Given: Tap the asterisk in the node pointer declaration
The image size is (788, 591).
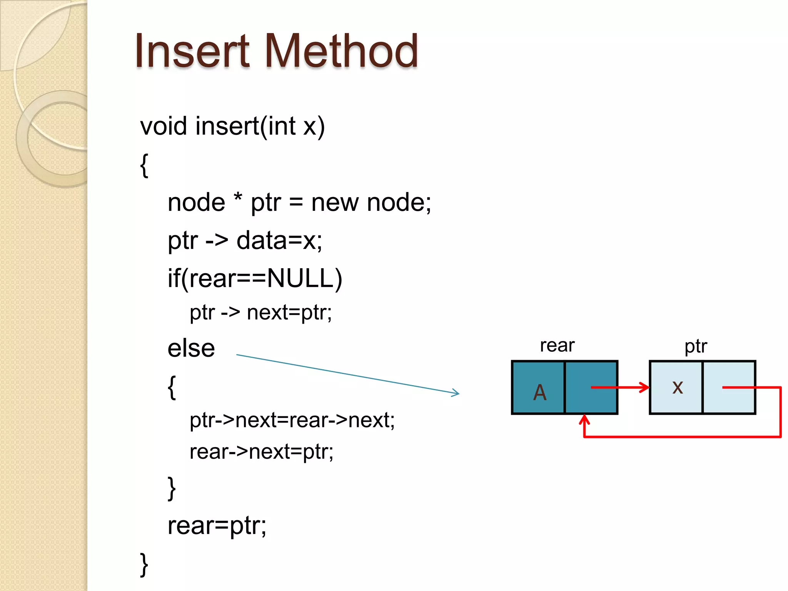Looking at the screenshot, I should [238, 198].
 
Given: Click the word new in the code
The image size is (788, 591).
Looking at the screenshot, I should [335, 203].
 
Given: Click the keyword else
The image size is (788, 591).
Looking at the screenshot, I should [191, 349].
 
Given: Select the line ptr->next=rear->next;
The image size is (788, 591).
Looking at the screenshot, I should [292, 420].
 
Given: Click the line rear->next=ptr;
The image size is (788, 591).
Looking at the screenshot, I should [261, 452].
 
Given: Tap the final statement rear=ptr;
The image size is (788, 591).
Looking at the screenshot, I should [217, 526].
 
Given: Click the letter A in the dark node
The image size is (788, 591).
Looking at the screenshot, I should [539, 392].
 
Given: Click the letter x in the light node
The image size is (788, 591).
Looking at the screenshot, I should [678, 387].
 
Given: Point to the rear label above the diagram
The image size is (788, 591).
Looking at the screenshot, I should [557, 345].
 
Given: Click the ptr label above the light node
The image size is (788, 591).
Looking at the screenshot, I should [695, 346].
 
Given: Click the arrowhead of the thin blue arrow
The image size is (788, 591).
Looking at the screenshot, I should [456, 393].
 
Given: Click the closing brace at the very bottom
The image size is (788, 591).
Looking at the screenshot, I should [144, 564].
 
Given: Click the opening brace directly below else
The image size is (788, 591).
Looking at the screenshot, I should [172, 387].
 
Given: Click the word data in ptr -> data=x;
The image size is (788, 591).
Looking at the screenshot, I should [261, 240].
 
